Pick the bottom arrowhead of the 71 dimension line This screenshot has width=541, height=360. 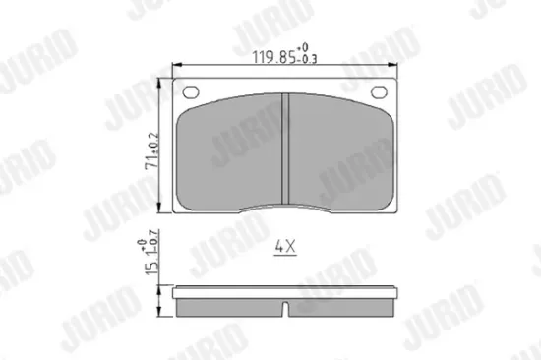pyautogui.click(x=162, y=211)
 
